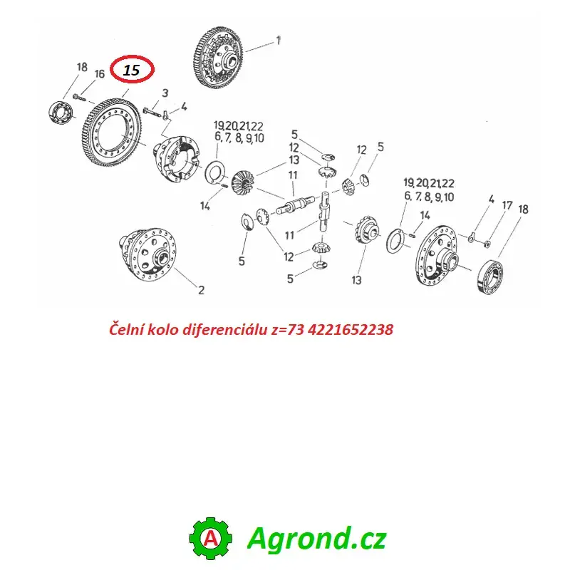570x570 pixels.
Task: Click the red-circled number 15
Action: [131, 70]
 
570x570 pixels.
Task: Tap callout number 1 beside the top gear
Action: [279, 40]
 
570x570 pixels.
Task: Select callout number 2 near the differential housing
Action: [201, 290]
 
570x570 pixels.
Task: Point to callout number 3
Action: [165, 93]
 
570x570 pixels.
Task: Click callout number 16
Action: [99, 74]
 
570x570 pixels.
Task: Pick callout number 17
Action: [507, 205]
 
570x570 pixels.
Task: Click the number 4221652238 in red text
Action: [351, 329]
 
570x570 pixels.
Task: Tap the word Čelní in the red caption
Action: [126, 329]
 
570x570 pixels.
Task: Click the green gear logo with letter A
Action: [210, 538]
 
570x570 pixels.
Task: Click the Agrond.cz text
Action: [316, 538]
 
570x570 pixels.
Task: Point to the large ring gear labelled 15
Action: [111, 133]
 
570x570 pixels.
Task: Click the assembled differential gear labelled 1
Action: [217, 57]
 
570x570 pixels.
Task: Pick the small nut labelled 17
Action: [488, 243]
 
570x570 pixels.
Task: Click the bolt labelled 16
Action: [80, 98]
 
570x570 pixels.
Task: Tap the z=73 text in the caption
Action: [287, 330]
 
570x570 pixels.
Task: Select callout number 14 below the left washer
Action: [205, 206]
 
